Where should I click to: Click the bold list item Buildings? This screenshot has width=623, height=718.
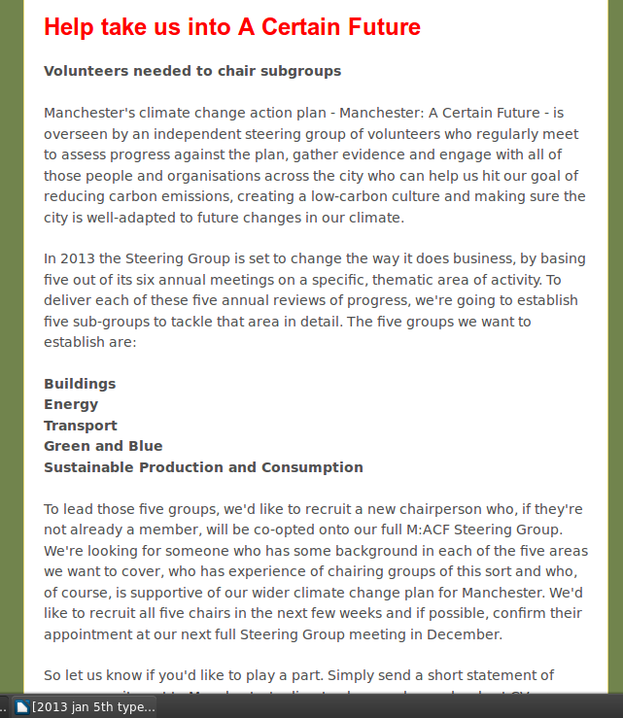click(80, 384)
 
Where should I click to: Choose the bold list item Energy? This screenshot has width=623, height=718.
click(71, 404)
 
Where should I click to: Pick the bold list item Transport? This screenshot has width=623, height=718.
click(81, 426)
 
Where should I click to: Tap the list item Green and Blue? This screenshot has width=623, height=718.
click(103, 446)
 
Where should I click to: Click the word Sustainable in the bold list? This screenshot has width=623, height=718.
click(89, 467)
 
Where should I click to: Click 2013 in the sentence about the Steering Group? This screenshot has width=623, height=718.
click(79, 258)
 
